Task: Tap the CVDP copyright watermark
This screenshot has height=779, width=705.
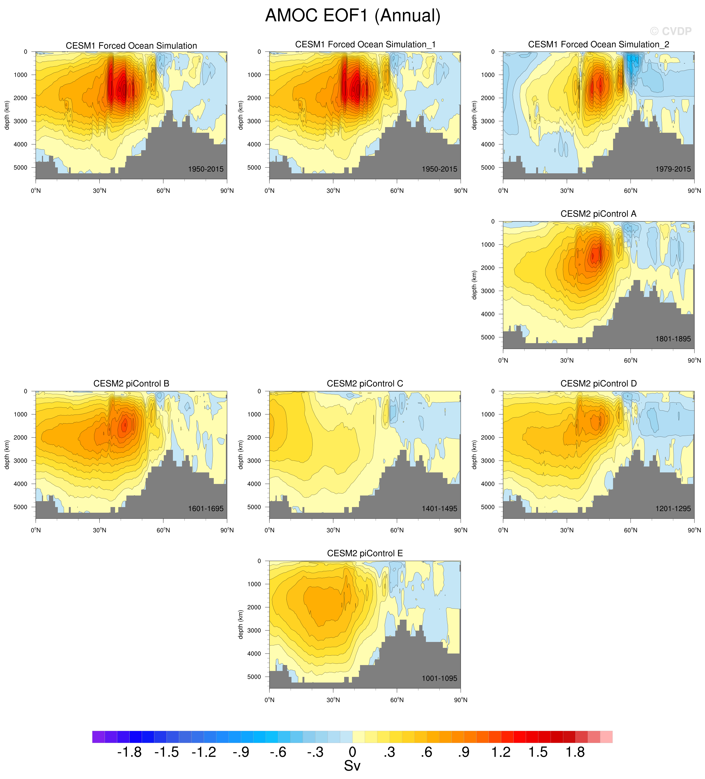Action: point(670,31)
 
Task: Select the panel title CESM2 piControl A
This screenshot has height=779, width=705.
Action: point(598,214)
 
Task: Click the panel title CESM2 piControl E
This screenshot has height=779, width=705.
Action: point(365,553)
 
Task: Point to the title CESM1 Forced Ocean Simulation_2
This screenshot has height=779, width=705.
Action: point(598,44)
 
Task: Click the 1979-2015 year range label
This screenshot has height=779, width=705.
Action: point(673,169)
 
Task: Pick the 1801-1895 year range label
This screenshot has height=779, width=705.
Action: point(673,339)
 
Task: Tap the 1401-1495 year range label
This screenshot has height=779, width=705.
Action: point(439,508)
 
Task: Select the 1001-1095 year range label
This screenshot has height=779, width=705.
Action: point(439,678)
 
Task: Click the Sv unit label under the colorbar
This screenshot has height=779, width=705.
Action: point(352,766)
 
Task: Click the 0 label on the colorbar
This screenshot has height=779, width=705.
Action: point(352,752)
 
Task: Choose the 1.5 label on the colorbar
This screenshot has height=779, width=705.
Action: point(538,752)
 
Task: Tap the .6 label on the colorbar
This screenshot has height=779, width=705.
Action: point(426,752)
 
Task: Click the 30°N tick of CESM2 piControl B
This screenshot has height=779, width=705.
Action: point(99,530)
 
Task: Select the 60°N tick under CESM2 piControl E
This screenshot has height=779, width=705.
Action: point(397,700)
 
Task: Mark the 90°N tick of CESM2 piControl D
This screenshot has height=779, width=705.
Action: point(694,530)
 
